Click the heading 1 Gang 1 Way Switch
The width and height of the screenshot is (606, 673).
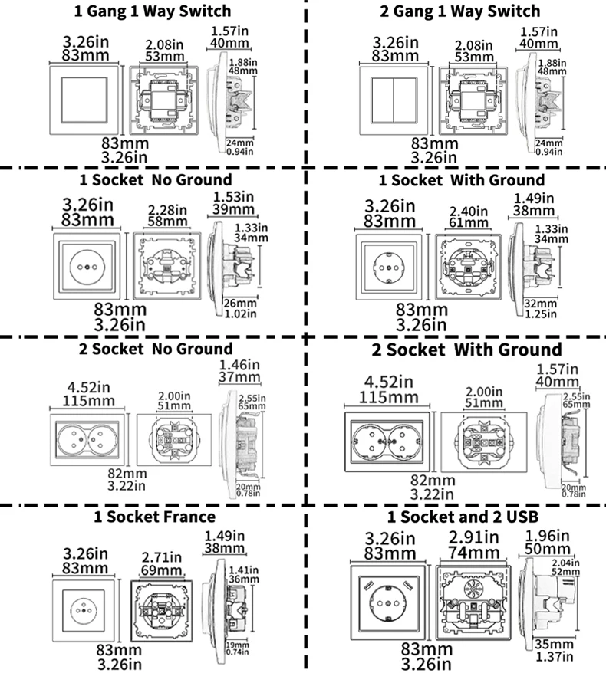tap(153, 11)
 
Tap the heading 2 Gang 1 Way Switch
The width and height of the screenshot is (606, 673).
tap(460, 11)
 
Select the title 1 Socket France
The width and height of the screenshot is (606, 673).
tap(155, 517)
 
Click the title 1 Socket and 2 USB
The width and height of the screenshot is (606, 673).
tap(463, 517)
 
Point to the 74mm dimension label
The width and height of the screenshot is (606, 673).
tap(474, 553)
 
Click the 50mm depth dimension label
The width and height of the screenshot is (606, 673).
tap(547, 549)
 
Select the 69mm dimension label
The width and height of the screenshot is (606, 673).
tap(162, 570)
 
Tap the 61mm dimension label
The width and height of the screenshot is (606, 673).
tap(469, 223)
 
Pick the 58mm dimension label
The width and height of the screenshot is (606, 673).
tap(167, 222)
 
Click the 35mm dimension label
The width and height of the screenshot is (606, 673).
tap(554, 644)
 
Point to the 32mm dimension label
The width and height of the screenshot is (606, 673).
tap(540, 304)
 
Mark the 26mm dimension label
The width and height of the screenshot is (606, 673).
tap(240, 304)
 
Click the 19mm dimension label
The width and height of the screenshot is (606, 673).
tap(238, 645)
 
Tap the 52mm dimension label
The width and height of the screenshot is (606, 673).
tap(565, 572)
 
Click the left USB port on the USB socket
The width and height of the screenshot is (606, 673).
tap(368, 585)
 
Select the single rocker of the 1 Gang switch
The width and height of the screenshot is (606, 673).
tap(84, 100)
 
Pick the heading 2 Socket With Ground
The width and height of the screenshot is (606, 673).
tap(466, 350)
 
